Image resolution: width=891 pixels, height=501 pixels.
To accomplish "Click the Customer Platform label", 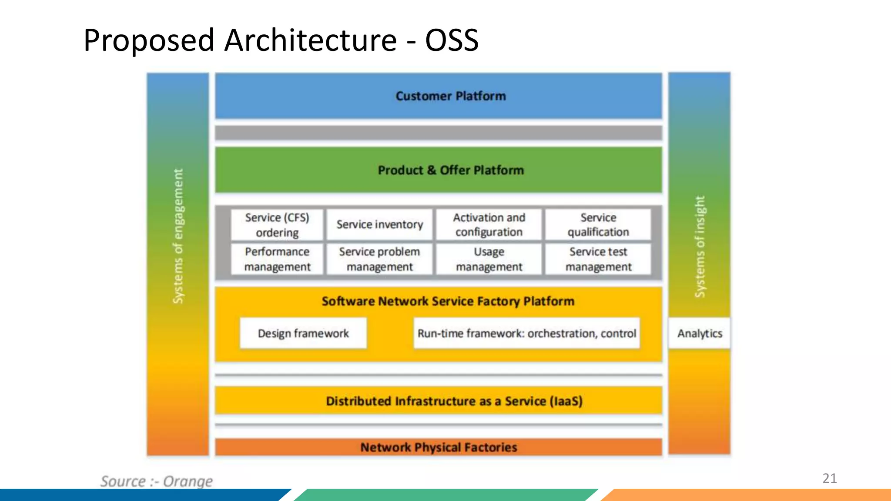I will tap(450, 96).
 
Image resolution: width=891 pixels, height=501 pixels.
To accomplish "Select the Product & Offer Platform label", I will tap(450, 170).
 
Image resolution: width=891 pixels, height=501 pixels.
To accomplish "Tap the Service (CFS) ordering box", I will tap(277, 225).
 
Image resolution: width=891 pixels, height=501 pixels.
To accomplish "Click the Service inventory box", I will tap(379, 224).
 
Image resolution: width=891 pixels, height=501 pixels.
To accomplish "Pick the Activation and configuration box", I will tap(489, 225).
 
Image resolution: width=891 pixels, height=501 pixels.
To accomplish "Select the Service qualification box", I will tap(598, 225).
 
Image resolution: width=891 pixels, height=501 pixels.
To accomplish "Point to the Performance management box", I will tap(277, 259).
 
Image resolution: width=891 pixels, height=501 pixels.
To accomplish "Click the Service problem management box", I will tap(379, 259).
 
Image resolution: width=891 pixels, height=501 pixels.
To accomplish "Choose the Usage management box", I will tap(489, 259).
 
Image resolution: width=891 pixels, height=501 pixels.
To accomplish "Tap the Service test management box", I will tap(598, 259).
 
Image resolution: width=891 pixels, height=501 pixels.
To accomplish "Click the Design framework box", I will tap(303, 333).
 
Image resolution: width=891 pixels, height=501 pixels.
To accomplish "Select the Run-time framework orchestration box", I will tap(526, 333).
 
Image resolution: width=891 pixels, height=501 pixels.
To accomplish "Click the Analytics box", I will tap(699, 333).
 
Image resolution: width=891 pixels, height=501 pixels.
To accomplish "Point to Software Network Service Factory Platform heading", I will tap(448, 301).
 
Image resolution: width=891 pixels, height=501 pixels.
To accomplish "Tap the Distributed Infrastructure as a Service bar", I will tap(454, 401).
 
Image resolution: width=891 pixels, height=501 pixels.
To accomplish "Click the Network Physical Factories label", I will tap(439, 447).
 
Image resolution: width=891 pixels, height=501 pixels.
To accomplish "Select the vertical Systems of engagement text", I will tap(178, 236).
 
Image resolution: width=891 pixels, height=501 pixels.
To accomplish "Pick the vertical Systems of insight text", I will tap(700, 247).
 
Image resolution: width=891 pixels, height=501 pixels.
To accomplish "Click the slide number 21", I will tap(829, 478).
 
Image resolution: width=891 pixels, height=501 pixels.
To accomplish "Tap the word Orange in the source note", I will tap(188, 481).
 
